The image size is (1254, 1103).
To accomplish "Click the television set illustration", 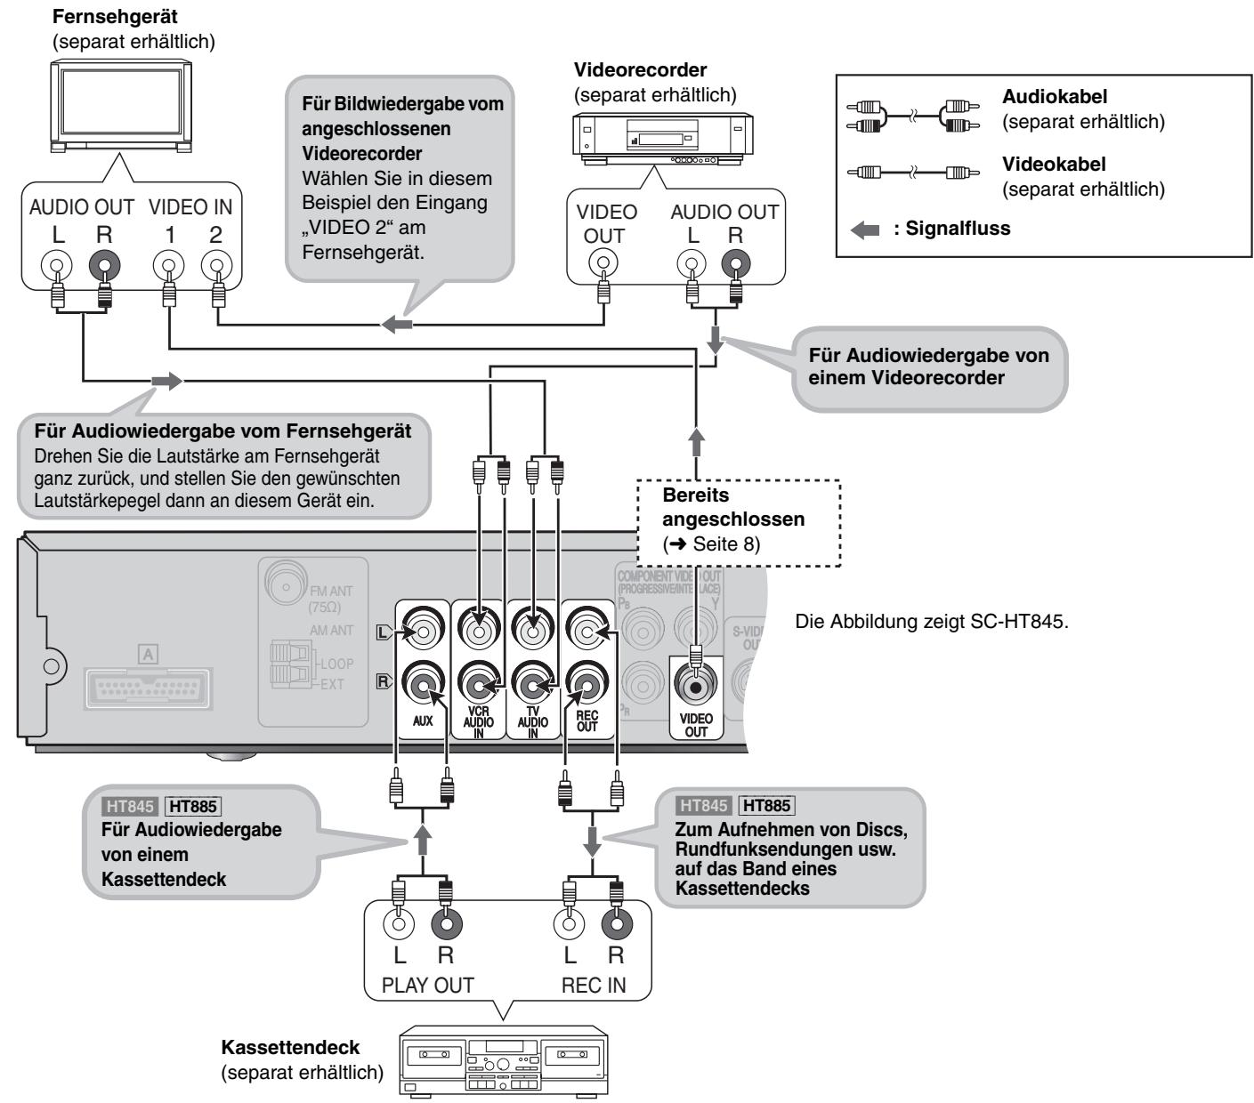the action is [121, 106].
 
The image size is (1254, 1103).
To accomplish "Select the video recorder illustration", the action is [663, 139].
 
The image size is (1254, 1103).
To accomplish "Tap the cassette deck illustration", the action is [503, 1060].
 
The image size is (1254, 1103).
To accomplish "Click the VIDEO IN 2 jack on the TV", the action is [216, 266].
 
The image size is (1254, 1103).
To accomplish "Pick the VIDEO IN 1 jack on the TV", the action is [168, 266].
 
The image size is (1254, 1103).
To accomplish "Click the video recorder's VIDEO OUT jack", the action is [603, 263].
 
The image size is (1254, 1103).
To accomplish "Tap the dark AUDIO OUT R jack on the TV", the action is [105, 266].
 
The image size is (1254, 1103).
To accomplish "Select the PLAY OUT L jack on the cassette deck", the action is [399, 924].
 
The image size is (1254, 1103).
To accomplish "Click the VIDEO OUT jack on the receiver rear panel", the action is [696, 686].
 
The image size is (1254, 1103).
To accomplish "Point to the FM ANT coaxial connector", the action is [286, 586].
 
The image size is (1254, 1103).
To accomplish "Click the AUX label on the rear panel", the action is [423, 721].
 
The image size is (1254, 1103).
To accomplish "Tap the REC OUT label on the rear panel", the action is [587, 721].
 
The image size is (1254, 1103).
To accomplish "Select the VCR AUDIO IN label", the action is [479, 722].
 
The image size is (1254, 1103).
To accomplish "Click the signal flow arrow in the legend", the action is [865, 230].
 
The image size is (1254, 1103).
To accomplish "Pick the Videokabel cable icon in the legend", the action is [913, 172].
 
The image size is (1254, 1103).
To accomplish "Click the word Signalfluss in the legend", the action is [958, 229].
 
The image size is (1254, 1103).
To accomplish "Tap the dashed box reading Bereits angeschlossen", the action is [739, 523].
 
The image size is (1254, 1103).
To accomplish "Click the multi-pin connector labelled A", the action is [148, 688].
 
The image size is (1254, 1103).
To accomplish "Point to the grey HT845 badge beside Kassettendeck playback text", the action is [129, 806].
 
